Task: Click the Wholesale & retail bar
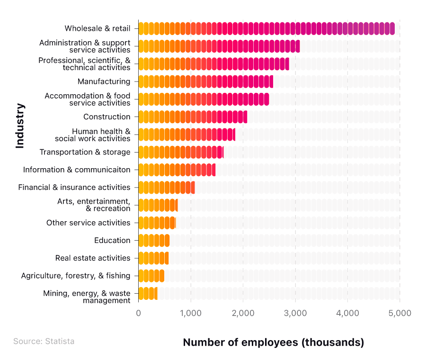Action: pos(266,28)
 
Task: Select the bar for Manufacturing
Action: pos(206,81)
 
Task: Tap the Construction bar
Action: pos(193,117)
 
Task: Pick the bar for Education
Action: pos(154,240)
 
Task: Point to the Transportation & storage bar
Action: pos(181,152)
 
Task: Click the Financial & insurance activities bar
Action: pos(167,187)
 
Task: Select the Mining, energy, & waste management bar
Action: pos(148,293)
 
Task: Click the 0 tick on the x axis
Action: pos(139,313)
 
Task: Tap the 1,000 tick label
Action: pos(191,313)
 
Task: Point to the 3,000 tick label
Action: pos(295,313)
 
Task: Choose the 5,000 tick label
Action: pos(400,313)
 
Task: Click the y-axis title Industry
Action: pos(20,126)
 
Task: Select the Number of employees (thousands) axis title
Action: pos(274,342)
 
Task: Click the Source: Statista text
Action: pos(44,341)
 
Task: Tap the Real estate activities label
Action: pos(92,258)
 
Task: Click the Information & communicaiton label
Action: pos(76,170)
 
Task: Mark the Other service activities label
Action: pos(88,223)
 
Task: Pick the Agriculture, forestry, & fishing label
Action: pos(75,276)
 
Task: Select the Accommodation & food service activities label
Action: pos(87,99)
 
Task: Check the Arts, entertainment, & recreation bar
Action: pos(158,205)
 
